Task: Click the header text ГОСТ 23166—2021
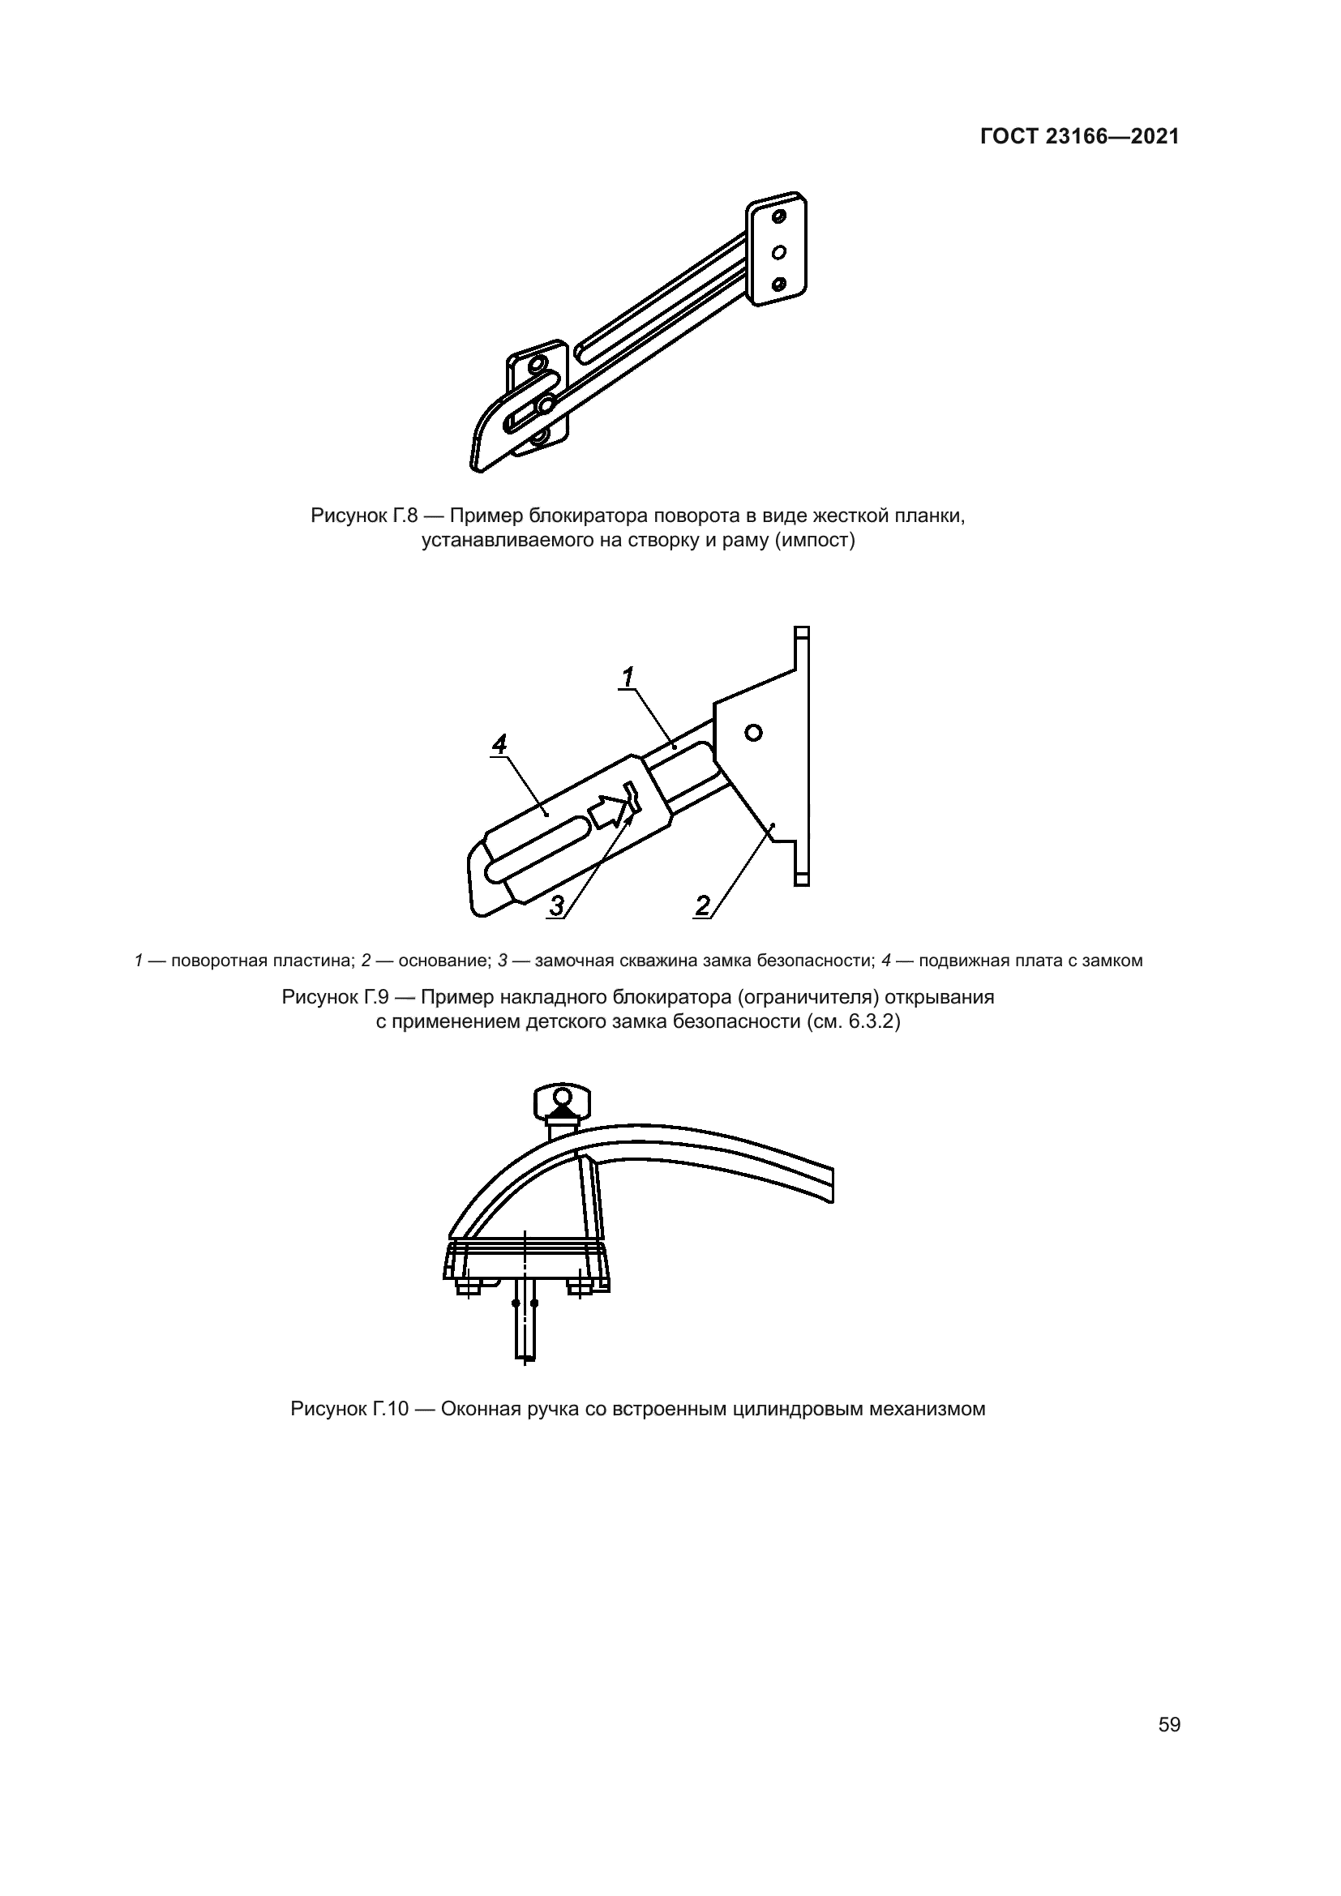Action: [x=1080, y=136]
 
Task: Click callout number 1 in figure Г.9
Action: [x=628, y=677]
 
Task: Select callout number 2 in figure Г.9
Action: [x=703, y=906]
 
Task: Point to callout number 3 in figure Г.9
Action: [x=557, y=906]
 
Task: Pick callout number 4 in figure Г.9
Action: [x=499, y=744]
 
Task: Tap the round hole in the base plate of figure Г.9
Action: [x=753, y=732]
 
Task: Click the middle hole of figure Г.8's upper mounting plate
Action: [x=778, y=251]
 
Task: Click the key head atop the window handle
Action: [x=563, y=1102]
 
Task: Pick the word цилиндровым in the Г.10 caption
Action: [x=799, y=1409]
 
